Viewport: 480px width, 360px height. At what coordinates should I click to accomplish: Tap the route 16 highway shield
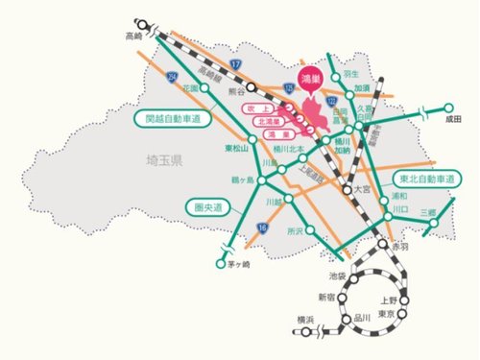tap(262, 227)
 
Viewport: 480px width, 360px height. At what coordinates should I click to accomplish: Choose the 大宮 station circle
tap(346, 191)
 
